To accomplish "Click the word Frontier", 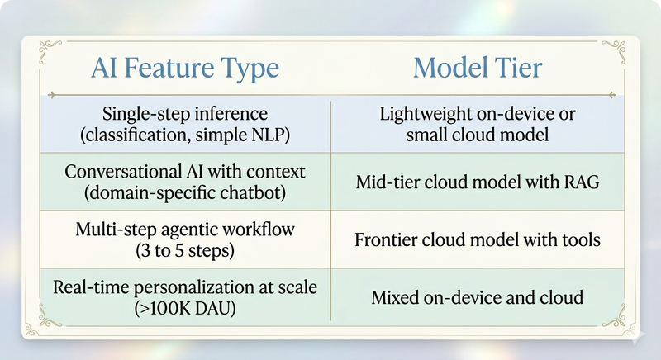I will tap(386, 240).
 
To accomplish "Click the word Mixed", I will tap(398, 298).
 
